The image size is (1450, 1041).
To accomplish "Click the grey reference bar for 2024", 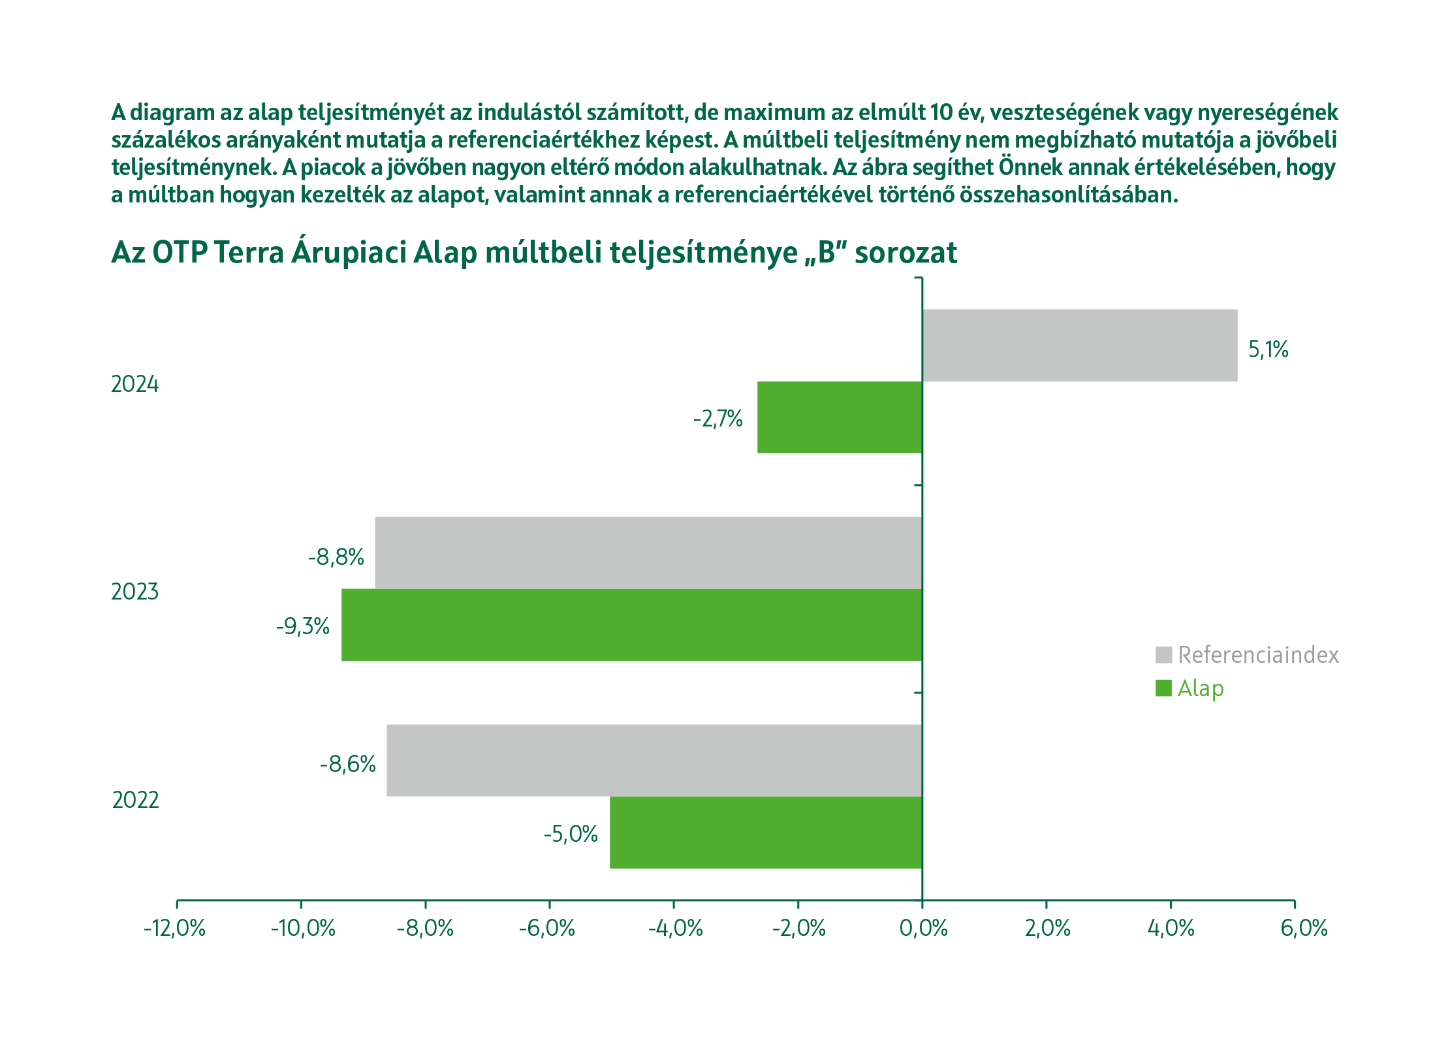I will point(1079,345).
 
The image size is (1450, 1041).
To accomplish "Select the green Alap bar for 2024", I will point(840,417).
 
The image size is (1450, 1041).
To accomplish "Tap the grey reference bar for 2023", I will point(648,553).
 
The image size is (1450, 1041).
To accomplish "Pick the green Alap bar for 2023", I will point(631,625).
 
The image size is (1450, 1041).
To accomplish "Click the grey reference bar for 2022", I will point(654,760).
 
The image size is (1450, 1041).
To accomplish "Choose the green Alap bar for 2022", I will point(766,833).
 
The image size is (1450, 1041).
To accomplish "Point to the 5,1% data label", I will point(1268,350).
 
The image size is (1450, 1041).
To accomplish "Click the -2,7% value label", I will point(717,419).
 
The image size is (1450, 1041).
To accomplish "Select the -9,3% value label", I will point(302,627).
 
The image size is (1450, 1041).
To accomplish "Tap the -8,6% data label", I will point(347,764).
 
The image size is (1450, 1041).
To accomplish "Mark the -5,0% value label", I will point(571,834).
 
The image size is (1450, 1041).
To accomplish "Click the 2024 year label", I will point(134,384).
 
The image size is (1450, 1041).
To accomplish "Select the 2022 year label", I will point(135,800).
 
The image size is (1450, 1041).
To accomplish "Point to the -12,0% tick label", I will point(174,928).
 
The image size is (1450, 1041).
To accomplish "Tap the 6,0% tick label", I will point(1304,928).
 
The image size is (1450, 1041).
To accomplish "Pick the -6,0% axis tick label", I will point(547,928).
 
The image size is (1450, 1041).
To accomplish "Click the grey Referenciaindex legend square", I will point(1163,654).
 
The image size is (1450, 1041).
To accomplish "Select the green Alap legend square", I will point(1163,688).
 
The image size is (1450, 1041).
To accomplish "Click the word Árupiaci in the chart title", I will point(348,253).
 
